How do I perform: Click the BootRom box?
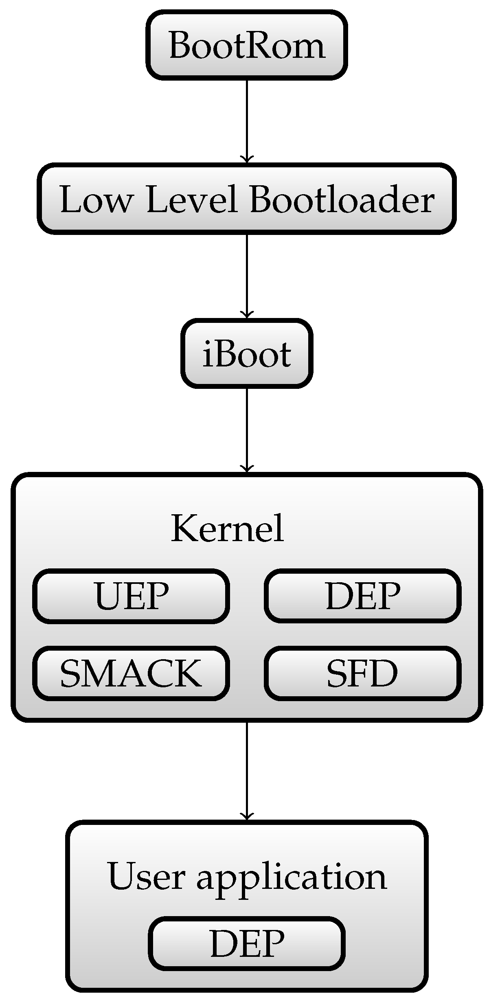point(246,45)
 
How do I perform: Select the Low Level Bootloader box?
point(246,199)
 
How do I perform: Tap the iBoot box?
point(246,353)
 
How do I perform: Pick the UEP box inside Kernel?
point(131,596)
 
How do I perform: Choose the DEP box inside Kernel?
point(362,596)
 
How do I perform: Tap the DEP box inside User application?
point(247,944)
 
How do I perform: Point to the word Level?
point(191,200)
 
